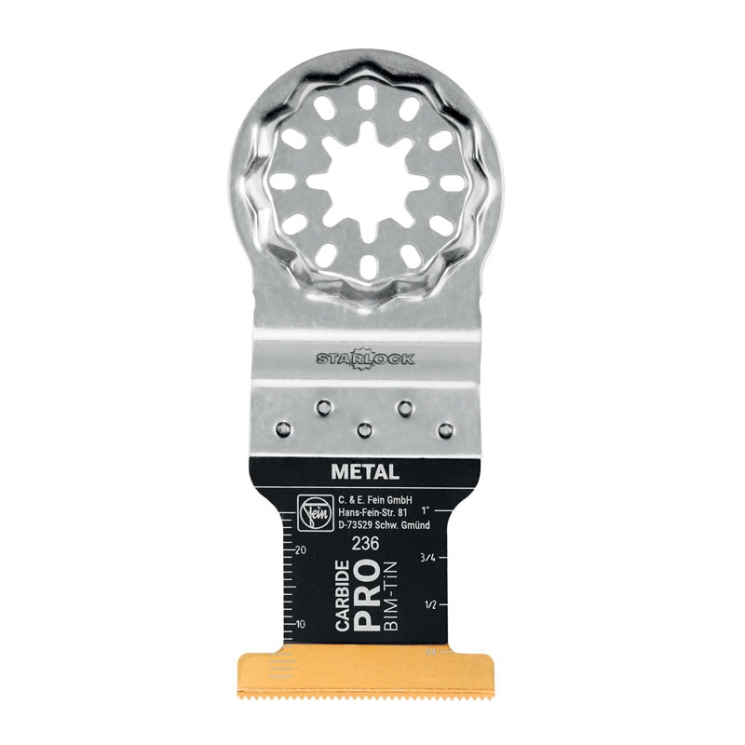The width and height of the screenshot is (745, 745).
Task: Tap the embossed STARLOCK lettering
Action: click(x=366, y=358)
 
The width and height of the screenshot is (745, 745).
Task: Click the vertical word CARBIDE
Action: click(x=344, y=597)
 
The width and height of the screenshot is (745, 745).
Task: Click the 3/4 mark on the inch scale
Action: click(x=427, y=558)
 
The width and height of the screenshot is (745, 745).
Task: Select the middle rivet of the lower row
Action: click(x=364, y=429)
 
